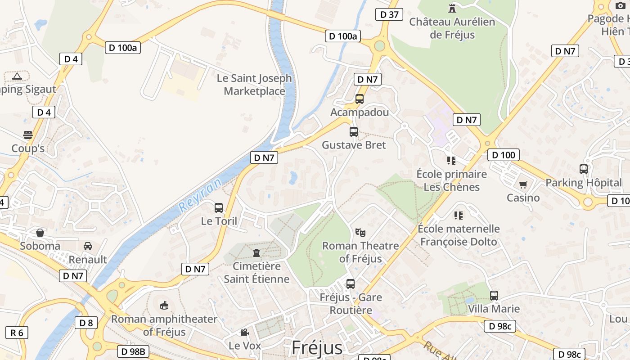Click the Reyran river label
[200, 196]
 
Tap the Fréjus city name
[317, 347]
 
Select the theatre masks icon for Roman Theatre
[360, 233]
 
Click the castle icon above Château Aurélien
[452, 8]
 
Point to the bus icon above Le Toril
[219, 207]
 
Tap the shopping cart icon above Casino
[523, 184]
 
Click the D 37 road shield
[389, 14]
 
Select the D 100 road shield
[504, 155]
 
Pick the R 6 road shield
[17, 333]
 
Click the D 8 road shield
[86, 323]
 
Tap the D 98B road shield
[133, 351]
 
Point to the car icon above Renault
[88, 246]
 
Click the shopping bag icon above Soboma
[40, 233]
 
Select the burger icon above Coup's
[28, 135]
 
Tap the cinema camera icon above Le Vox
[244, 333]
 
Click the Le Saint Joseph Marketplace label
[254, 85]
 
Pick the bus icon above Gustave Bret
[354, 132]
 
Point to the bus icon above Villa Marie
[494, 296]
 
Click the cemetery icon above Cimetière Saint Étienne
[256, 252]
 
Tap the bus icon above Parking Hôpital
[584, 169]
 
